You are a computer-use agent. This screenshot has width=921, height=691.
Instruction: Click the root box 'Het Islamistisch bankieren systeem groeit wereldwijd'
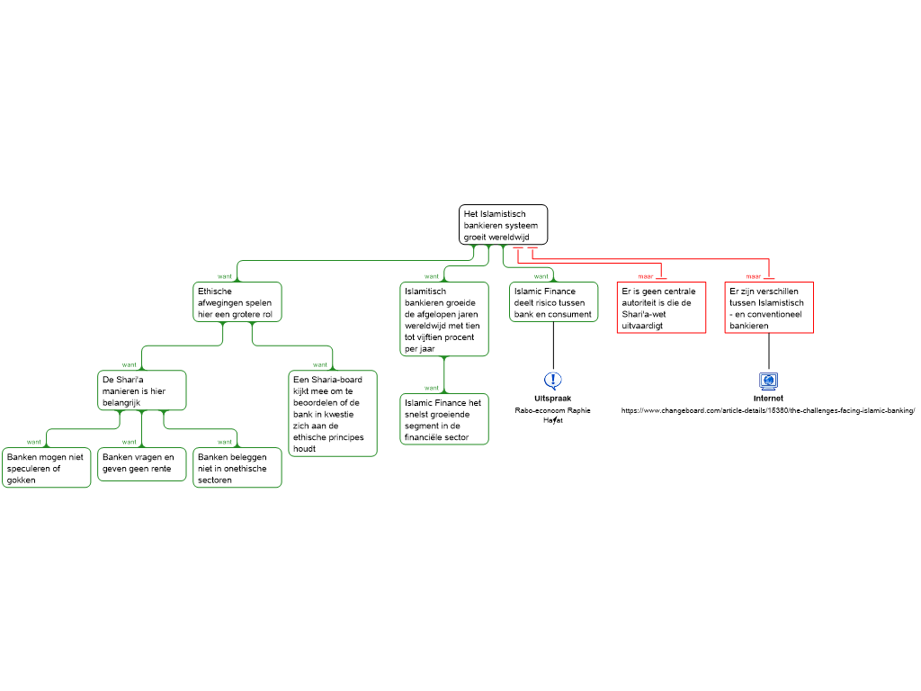(503, 225)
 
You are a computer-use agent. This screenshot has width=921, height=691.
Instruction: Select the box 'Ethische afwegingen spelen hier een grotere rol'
(237, 302)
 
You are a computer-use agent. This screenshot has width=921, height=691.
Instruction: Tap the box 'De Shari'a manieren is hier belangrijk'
(142, 390)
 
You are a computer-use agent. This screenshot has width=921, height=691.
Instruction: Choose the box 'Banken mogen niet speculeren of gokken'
(47, 468)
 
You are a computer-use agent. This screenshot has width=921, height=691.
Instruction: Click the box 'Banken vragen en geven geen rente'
(142, 464)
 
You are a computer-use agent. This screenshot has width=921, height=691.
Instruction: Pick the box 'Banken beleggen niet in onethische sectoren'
(237, 468)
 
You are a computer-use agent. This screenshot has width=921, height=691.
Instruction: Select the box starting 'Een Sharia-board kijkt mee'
(333, 413)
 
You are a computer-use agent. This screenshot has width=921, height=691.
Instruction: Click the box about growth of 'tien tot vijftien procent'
(444, 319)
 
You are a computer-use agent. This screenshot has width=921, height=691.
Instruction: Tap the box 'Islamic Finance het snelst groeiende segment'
(444, 419)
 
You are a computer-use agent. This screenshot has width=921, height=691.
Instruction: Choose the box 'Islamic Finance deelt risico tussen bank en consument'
(554, 302)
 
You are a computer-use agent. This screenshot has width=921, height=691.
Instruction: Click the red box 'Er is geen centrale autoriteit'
(661, 308)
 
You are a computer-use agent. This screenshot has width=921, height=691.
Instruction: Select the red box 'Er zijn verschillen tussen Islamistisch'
(769, 308)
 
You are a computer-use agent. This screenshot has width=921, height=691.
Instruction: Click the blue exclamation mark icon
(553, 381)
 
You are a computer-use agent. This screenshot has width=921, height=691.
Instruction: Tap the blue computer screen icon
(768, 381)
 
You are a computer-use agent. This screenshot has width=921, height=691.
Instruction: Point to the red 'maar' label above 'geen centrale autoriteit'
(646, 276)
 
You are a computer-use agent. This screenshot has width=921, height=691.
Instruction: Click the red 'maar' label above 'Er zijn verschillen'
(754, 276)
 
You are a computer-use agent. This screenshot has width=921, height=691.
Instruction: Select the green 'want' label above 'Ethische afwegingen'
(225, 276)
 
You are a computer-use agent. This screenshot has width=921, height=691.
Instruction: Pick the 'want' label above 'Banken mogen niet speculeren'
(34, 442)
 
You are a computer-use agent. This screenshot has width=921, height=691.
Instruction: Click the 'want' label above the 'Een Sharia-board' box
(320, 364)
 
